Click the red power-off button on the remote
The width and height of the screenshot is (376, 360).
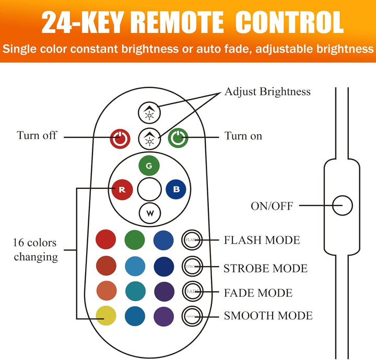(x=120, y=138)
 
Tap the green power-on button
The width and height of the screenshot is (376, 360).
(x=178, y=138)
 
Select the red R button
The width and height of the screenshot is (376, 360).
(x=122, y=189)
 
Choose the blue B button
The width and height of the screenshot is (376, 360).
(x=176, y=189)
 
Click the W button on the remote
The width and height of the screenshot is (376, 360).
(x=149, y=212)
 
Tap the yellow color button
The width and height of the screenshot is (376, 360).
(x=106, y=315)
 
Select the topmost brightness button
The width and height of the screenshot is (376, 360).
(x=149, y=111)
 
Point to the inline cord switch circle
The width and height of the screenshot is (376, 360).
(x=343, y=205)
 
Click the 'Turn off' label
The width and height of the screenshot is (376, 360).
(x=37, y=136)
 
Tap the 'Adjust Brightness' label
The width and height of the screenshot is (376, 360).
(x=267, y=92)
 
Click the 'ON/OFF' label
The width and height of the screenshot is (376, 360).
(x=272, y=206)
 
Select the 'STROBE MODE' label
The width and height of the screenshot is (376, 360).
(x=265, y=268)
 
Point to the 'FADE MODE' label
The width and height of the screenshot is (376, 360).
(x=258, y=292)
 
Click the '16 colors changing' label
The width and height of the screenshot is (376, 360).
(x=36, y=250)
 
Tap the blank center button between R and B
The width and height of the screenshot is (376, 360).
(x=149, y=189)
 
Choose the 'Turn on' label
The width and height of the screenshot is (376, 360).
(x=243, y=136)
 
